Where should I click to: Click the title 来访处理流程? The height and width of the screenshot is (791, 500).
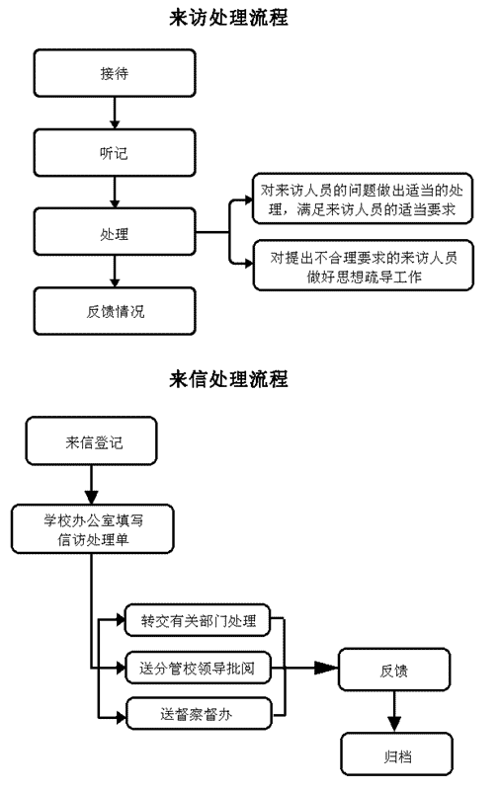point(228,18)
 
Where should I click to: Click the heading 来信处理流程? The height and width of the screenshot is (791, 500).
point(228,379)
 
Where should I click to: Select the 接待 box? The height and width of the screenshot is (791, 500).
point(115,73)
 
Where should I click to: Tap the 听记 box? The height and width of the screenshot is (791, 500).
point(115,152)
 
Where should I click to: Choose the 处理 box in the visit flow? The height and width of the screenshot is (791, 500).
point(115,231)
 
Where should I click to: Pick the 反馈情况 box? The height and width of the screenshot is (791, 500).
point(115,311)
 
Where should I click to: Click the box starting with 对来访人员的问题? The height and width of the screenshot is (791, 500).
point(363,198)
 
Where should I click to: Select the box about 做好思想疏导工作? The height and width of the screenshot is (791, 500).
point(364,266)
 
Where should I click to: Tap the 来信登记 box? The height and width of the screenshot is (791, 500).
point(91,440)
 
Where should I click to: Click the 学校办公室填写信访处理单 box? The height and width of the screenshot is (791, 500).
point(92,529)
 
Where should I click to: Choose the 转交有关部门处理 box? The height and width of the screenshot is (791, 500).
point(198,620)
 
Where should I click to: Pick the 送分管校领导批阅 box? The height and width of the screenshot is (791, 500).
point(198,668)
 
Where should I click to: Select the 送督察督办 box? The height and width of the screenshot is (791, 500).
point(199,713)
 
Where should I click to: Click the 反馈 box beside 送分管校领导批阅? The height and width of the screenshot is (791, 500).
point(394,670)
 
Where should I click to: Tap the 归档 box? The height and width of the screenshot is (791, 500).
point(396,754)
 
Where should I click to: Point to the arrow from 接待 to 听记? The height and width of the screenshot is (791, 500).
point(115,113)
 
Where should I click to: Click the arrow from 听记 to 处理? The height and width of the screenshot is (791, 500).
point(115,193)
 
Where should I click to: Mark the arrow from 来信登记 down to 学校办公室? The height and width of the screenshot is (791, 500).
point(91,485)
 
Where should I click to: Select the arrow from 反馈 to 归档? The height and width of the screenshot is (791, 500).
point(394,712)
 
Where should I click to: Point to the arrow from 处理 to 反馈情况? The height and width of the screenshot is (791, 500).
point(115,272)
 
